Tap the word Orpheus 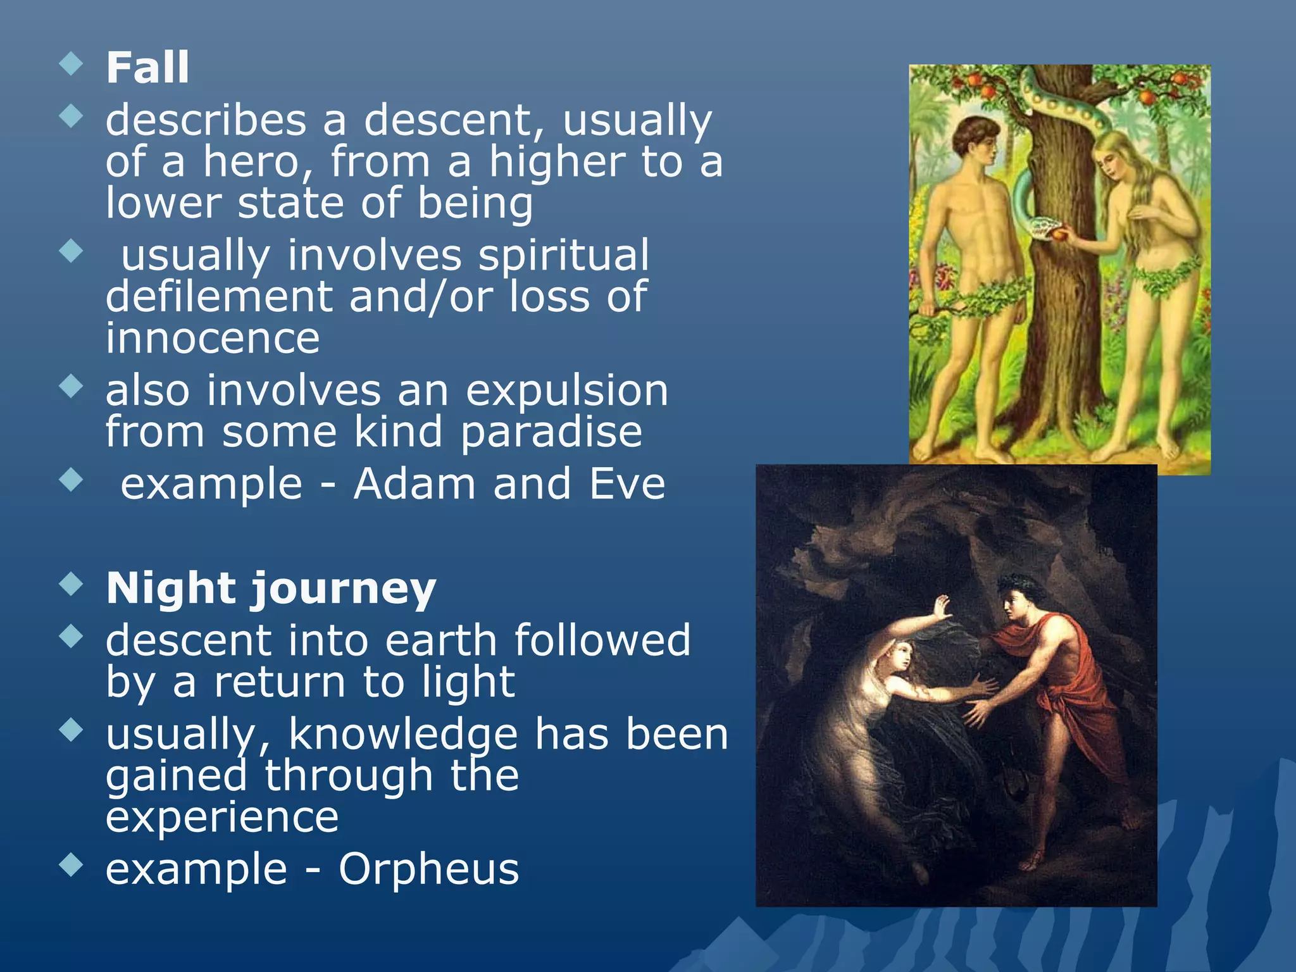click(428, 869)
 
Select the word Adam click(414, 484)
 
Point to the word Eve click(627, 484)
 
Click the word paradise click(551, 432)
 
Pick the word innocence click(213, 338)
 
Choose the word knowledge click(403, 735)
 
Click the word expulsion click(567, 390)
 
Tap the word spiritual click(563, 255)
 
